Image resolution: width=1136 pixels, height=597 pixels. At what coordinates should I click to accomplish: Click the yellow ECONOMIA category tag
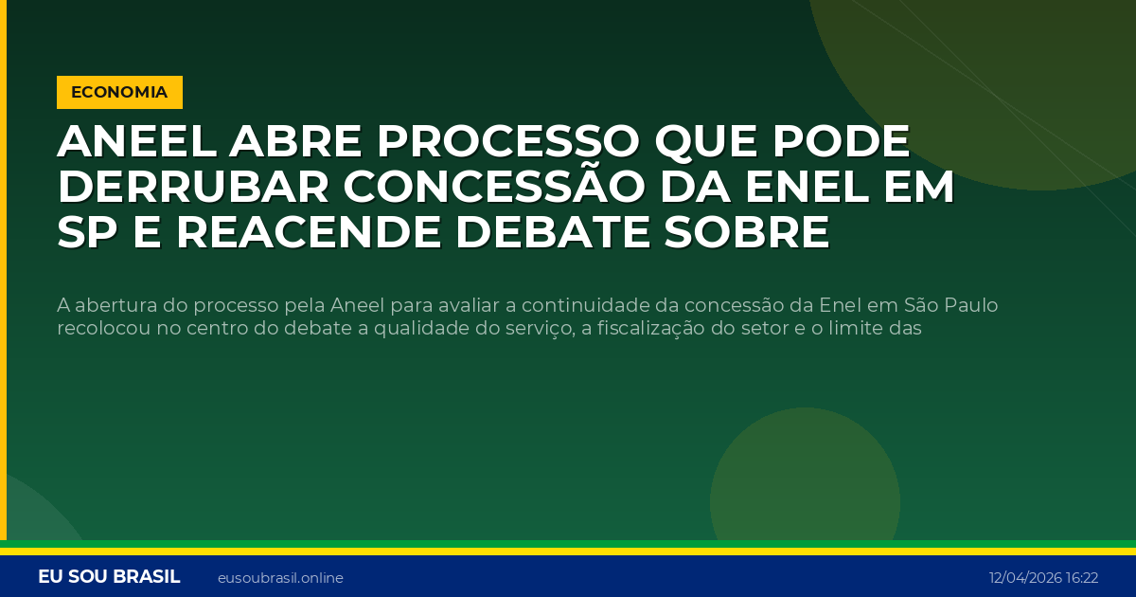click(x=119, y=92)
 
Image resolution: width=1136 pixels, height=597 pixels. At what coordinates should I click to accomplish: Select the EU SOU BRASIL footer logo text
click(x=109, y=577)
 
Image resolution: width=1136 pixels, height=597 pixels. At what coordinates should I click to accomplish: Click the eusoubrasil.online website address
click(x=280, y=578)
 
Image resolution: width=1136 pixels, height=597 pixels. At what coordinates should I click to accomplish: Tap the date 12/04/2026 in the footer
click(x=1025, y=578)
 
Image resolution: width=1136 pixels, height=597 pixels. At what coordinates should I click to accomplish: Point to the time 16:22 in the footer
click(x=1082, y=578)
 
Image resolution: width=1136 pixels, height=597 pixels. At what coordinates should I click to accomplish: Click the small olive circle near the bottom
click(x=805, y=493)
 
